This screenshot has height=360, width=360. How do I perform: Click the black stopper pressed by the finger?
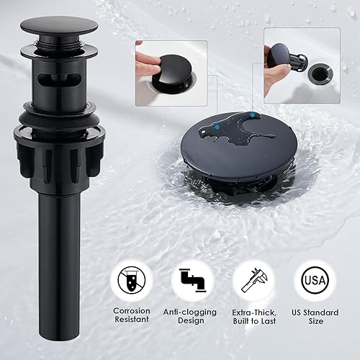pyautogui.click(x=170, y=71)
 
